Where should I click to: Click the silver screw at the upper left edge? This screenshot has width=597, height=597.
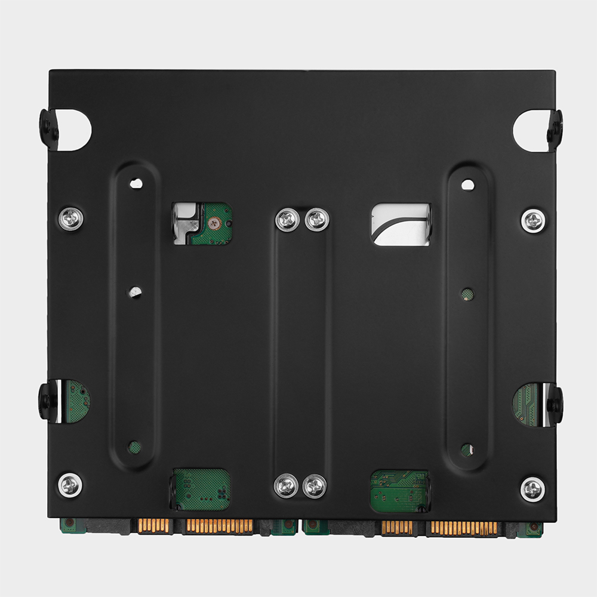point(70,219)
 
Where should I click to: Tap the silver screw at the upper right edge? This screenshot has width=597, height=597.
point(533,221)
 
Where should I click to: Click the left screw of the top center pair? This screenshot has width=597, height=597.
point(287,220)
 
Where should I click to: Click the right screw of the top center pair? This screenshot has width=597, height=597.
point(316,220)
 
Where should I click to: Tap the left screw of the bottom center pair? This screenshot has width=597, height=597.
point(286,485)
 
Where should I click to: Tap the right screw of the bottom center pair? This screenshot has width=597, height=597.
point(315,485)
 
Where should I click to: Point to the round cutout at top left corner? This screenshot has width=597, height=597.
point(75,128)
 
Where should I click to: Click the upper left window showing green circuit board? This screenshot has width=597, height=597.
point(202,224)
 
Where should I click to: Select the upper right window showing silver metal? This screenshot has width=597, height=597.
point(401,224)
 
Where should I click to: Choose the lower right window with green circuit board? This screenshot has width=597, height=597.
point(399,490)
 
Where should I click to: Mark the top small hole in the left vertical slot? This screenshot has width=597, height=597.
point(137,183)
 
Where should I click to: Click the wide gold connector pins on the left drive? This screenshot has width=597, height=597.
point(219,526)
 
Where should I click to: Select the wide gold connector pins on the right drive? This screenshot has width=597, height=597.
point(463,527)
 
